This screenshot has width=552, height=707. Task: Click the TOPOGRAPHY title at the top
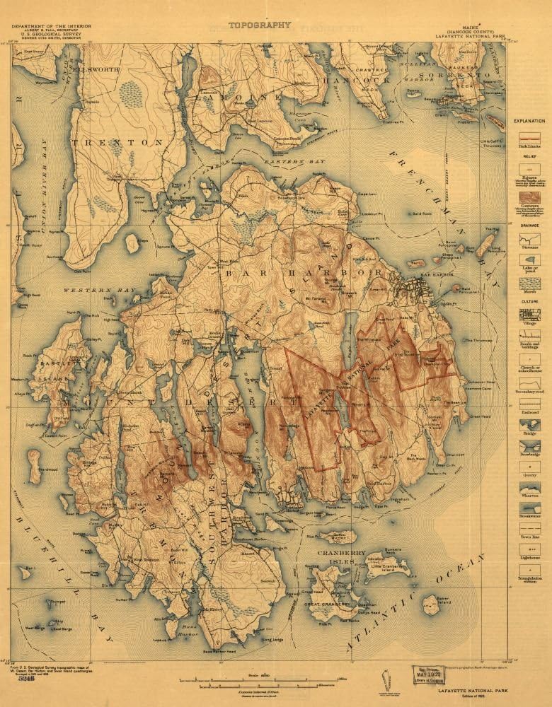259,25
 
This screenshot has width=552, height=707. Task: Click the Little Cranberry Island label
386,567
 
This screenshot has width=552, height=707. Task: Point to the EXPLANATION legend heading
529,121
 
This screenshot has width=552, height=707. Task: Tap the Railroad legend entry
529,415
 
